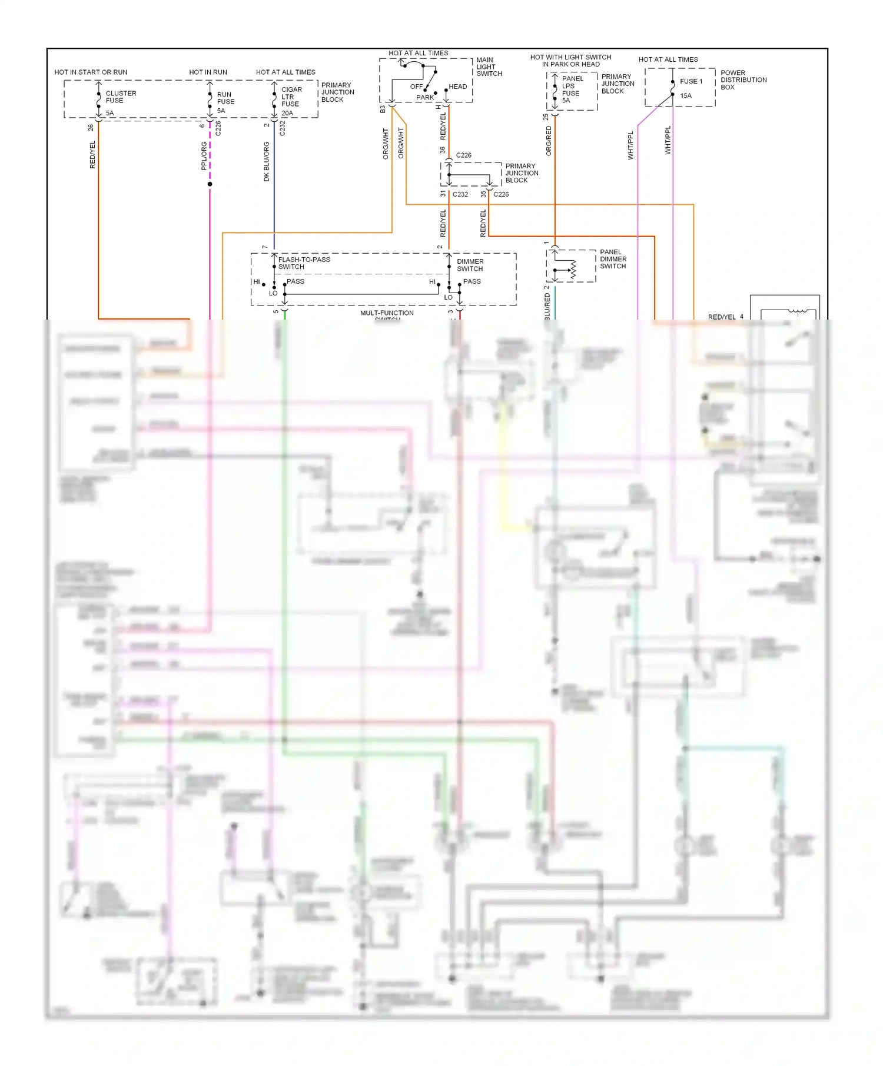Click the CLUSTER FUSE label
(x=120, y=97)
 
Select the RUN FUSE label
(x=225, y=98)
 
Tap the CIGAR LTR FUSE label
(x=291, y=97)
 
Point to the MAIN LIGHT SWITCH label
(x=489, y=67)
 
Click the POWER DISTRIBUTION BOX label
(x=743, y=80)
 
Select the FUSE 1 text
(x=691, y=81)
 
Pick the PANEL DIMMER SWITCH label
(x=613, y=259)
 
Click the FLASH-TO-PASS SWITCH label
(x=304, y=263)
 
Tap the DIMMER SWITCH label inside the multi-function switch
(x=470, y=265)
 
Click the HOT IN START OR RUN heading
(x=91, y=72)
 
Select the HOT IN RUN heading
(x=208, y=72)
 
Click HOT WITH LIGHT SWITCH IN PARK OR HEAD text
(x=570, y=61)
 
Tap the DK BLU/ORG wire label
(x=267, y=161)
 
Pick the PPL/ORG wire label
(x=204, y=156)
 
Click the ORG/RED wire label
(x=549, y=141)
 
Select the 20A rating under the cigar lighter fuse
(x=287, y=113)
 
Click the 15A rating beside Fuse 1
(x=686, y=96)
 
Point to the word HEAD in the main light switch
(x=457, y=87)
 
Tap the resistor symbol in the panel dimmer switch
(x=573, y=270)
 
